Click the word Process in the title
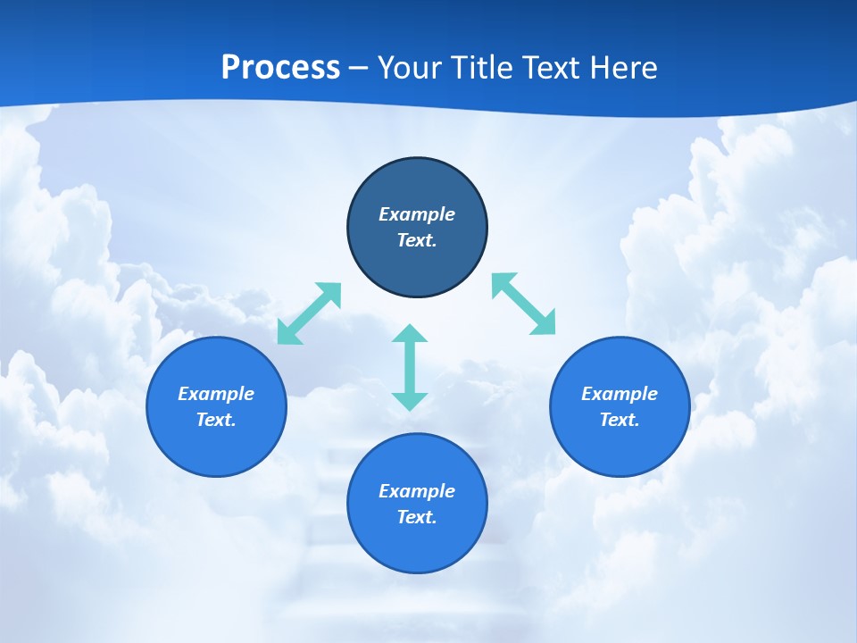(280, 67)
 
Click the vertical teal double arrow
(410, 367)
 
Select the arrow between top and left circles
(309, 313)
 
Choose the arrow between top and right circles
(524, 304)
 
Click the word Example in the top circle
(417, 214)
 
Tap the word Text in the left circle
(216, 420)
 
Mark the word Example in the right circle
(620, 394)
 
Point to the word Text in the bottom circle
(417, 517)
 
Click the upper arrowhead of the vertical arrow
(410, 335)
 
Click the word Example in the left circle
(216, 394)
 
